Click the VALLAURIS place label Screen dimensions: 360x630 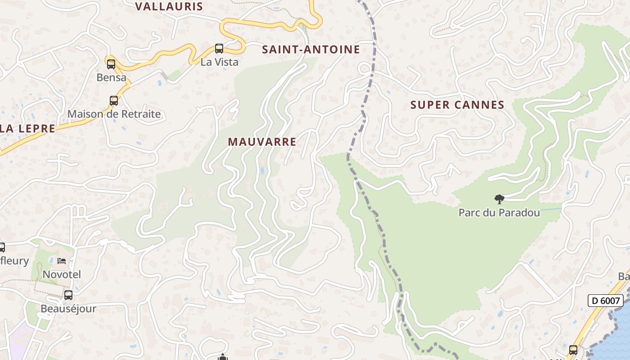(x=169, y=6)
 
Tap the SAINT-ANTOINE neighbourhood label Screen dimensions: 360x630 (x=311, y=49)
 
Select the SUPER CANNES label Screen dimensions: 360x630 (x=457, y=105)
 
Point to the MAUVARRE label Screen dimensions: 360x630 (x=262, y=142)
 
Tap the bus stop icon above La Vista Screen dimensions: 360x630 (x=219, y=49)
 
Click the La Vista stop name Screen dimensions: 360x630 (x=219, y=62)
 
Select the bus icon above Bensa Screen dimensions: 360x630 (x=111, y=64)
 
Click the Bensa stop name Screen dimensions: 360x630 (x=111, y=77)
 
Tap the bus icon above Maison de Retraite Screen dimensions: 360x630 (x=114, y=101)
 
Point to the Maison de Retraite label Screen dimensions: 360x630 (x=114, y=114)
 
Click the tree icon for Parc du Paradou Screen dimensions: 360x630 (x=499, y=199)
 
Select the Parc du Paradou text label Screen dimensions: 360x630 (x=499, y=212)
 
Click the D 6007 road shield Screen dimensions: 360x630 (x=605, y=301)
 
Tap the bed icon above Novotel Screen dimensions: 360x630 (x=62, y=261)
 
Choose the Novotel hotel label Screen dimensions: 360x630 (x=62, y=274)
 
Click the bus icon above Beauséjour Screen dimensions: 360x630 (x=68, y=295)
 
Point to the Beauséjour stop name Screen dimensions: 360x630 (x=68, y=309)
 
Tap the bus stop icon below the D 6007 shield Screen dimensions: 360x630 (x=573, y=350)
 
